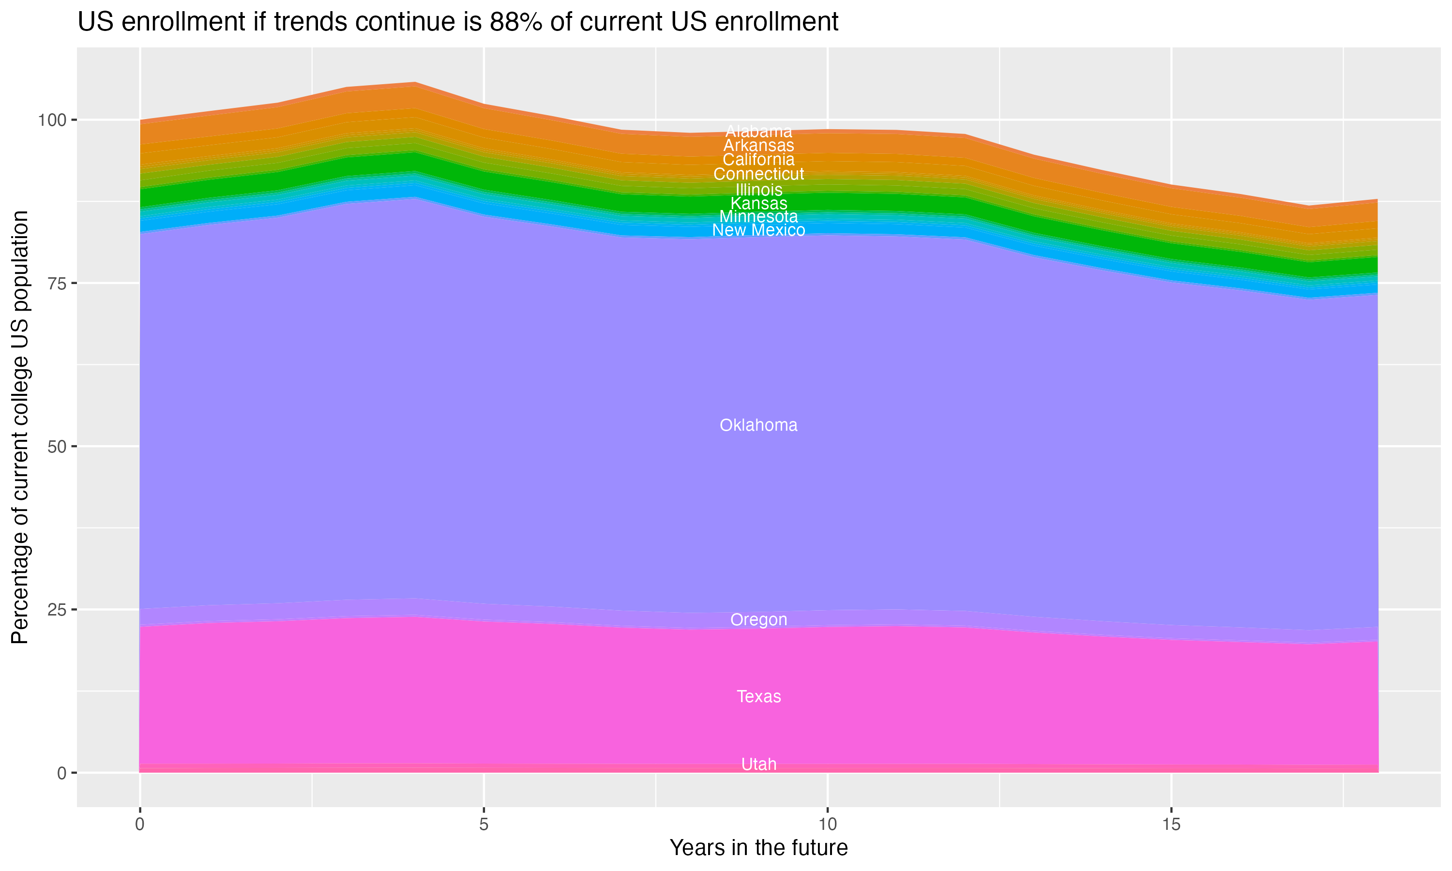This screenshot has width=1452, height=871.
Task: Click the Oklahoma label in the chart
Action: pyautogui.click(x=758, y=425)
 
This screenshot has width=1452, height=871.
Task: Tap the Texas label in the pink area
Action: pyautogui.click(x=758, y=696)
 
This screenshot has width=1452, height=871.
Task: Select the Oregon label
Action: pyautogui.click(x=758, y=619)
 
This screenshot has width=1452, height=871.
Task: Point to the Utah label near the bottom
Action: pyautogui.click(x=758, y=764)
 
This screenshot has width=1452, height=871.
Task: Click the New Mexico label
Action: pyautogui.click(x=758, y=230)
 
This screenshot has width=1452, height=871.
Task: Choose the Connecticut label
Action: pyautogui.click(x=758, y=174)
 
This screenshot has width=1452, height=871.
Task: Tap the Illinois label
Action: pyautogui.click(x=758, y=190)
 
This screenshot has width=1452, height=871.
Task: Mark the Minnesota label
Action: pyautogui.click(x=758, y=217)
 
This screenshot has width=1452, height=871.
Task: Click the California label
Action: pyautogui.click(x=758, y=159)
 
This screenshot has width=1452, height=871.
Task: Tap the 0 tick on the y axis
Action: pyautogui.click(x=61, y=773)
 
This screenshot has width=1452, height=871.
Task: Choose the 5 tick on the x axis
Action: pyautogui.click(x=484, y=825)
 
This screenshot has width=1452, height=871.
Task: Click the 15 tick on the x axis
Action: pyautogui.click(x=1171, y=825)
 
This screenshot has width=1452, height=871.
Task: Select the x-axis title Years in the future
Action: pyautogui.click(x=758, y=847)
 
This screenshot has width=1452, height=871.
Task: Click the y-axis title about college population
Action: pyautogui.click(x=20, y=427)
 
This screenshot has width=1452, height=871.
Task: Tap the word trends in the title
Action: pyautogui.click(x=309, y=22)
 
